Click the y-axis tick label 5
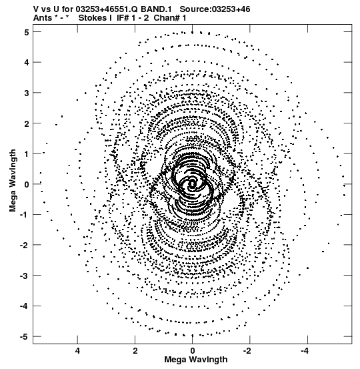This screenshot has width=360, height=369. point(27,32)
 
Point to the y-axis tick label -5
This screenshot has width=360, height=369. point(25,337)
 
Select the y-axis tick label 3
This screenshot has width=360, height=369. point(27,93)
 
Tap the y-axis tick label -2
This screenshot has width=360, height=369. point(25,246)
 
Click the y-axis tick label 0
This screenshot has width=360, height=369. point(27,184)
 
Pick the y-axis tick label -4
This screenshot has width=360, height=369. point(25,306)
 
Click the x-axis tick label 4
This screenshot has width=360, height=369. point(77,351)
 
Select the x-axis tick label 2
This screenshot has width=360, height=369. point(135,351)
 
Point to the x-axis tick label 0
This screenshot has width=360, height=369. point(193,351)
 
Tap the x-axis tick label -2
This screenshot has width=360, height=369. point(248,351)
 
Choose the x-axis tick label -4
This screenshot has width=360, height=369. point(305,351)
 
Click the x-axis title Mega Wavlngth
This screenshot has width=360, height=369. point(196,360)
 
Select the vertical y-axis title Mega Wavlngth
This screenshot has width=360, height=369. point(13,181)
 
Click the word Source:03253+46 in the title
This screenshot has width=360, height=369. point(215,9)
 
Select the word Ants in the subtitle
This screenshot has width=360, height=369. point(43,18)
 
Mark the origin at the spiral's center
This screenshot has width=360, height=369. point(193,184)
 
